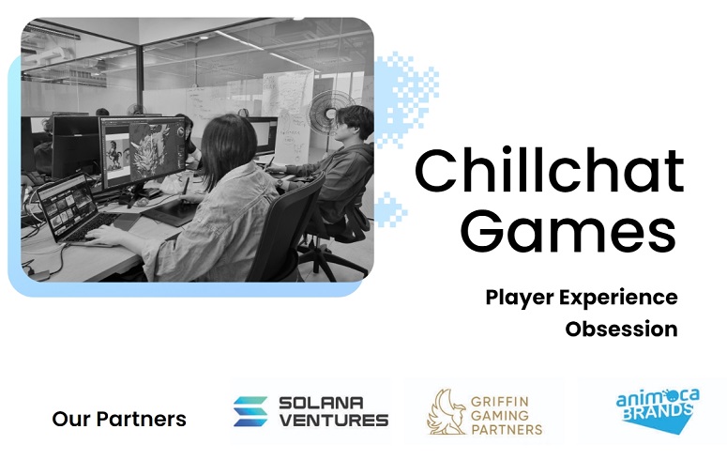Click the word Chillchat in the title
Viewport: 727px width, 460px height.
point(549,171)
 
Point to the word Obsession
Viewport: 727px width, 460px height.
point(621,329)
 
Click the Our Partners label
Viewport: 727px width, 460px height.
point(119,419)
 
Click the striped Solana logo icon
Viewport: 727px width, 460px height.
point(250,411)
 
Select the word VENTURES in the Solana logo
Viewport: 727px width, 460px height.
point(333,420)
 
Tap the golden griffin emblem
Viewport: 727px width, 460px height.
point(447,411)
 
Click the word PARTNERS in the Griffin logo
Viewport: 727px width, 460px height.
point(507,429)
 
